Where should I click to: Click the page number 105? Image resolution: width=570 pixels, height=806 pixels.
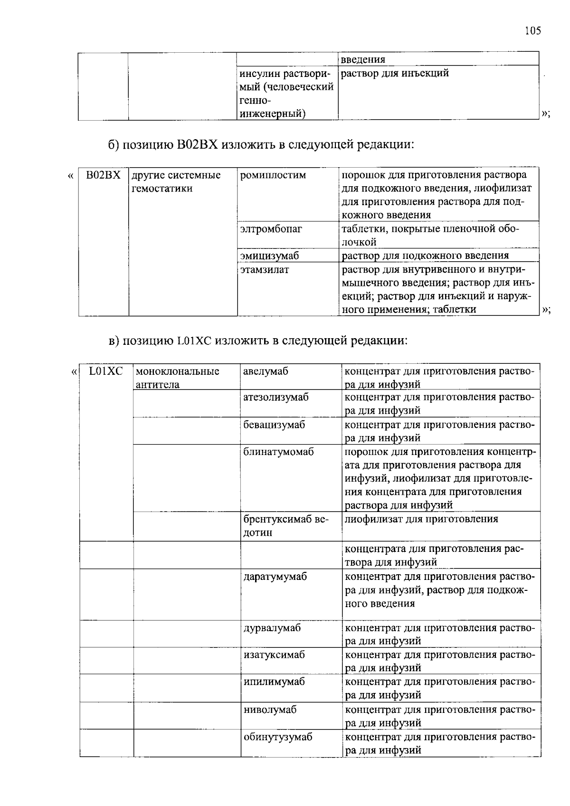[x=533, y=31]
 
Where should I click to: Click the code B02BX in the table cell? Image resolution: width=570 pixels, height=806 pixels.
[x=103, y=175]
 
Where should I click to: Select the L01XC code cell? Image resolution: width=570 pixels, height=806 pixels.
[x=106, y=371]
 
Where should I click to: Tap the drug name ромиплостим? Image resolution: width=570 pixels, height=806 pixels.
[x=273, y=175]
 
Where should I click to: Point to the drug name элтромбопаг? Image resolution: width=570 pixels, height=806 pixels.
[x=271, y=229]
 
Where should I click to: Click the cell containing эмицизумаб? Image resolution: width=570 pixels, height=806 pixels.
[x=269, y=256]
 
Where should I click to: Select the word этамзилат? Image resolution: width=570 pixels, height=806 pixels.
[x=264, y=270]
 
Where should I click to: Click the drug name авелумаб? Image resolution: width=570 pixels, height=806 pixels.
[x=266, y=371]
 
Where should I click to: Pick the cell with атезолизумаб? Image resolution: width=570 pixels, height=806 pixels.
[x=275, y=397]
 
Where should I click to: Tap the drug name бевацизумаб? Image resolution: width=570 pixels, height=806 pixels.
[x=274, y=425]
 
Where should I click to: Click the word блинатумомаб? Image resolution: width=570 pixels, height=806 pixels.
[x=278, y=452]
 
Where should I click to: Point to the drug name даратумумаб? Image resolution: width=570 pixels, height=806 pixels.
[x=275, y=577]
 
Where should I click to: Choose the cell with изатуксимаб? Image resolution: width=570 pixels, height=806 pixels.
[x=274, y=655]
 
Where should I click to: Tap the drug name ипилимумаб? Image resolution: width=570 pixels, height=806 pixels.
[x=274, y=682]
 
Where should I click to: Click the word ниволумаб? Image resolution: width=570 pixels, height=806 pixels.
[x=270, y=710]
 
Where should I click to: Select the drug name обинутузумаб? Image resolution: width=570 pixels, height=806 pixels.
[x=278, y=738]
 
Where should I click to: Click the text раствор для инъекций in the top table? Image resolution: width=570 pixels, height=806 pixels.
[x=395, y=73]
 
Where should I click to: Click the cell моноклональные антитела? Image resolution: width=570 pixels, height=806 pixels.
[x=177, y=378]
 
